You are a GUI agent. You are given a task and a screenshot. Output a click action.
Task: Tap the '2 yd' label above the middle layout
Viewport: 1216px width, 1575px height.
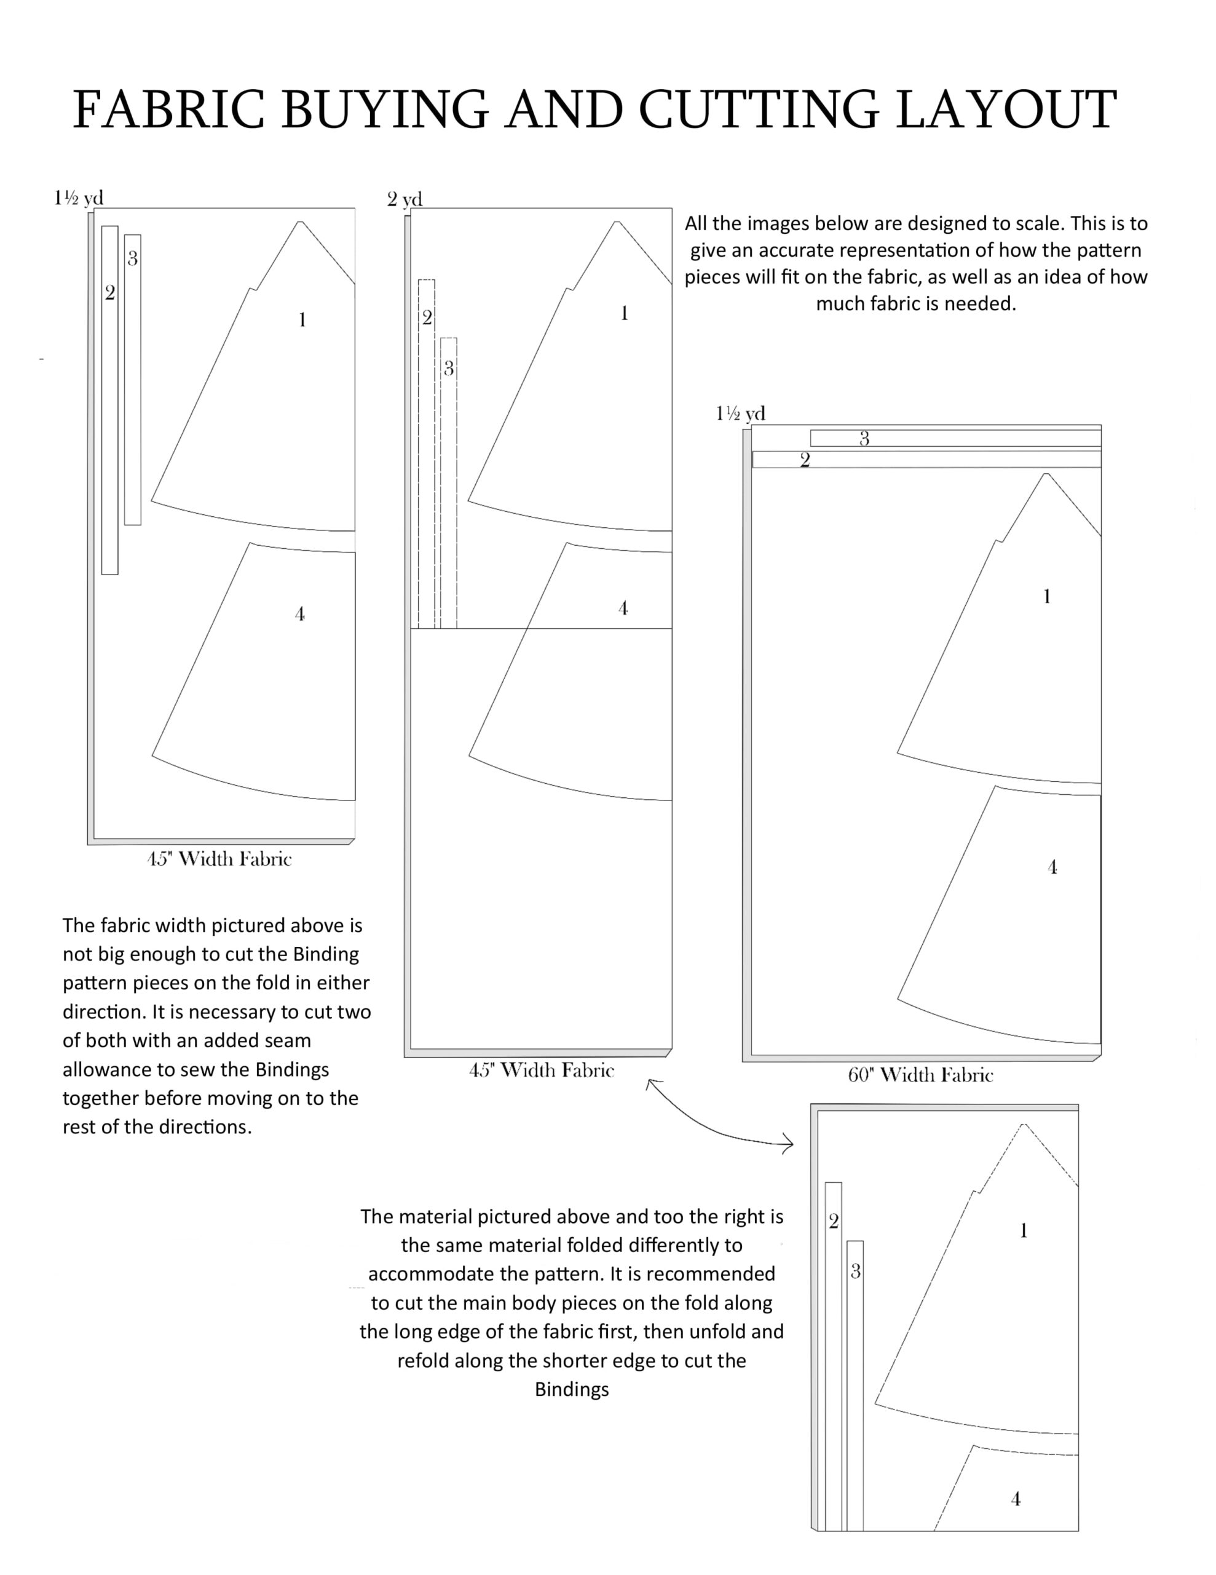pyautogui.click(x=405, y=199)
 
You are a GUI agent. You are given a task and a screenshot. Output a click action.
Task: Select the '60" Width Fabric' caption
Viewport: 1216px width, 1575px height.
pyautogui.click(x=920, y=1075)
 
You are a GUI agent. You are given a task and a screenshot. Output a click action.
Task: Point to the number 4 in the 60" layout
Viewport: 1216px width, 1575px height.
pyautogui.click(x=1052, y=867)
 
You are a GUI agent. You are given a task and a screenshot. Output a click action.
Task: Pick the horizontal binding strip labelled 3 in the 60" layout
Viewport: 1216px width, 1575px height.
pyautogui.click(x=955, y=439)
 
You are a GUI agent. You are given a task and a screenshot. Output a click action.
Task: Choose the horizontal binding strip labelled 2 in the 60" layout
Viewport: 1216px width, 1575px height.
pyautogui.click(x=926, y=460)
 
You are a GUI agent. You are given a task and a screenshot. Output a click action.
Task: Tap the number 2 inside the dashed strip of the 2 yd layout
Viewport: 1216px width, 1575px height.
pyautogui.click(x=427, y=317)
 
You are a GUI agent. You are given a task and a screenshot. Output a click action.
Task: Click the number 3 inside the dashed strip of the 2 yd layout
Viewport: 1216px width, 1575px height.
pyautogui.click(x=448, y=369)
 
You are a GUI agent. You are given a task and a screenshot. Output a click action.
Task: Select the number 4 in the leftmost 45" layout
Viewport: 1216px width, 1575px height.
pyautogui.click(x=300, y=615)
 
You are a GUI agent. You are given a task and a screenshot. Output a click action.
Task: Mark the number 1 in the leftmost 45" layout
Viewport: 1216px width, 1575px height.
pyautogui.click(x=302, y=319)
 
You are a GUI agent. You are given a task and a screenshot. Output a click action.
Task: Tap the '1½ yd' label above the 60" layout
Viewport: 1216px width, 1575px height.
pyautogui.click(x=740, y=413)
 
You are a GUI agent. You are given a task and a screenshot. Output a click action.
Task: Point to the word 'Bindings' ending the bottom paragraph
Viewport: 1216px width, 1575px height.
pyautogui.click(x=572, y=1389)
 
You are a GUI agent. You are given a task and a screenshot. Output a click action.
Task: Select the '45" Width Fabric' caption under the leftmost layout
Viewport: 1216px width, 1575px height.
pyautogui.click(x=219, y=859)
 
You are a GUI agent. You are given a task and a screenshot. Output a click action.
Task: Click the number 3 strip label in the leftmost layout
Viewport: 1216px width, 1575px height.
pyautogui.click(x=133, y=259)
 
